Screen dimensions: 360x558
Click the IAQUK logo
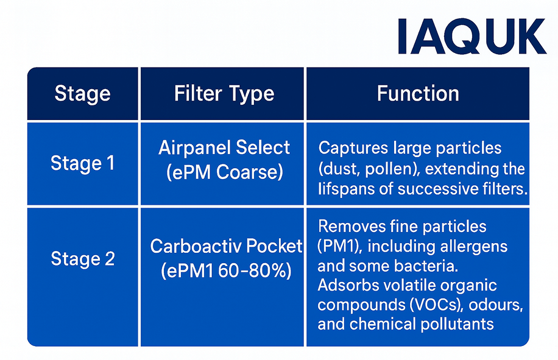coord(471,37)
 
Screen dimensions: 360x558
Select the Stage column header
coord(83,94)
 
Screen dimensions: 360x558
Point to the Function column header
coord(418,93)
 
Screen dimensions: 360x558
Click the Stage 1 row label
coord(83,163)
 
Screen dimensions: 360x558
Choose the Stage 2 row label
coord(83,258)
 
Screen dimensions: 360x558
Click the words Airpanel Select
coord(224,148)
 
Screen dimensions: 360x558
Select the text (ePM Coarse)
coord(224,172)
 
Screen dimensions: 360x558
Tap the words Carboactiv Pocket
coord(226,246)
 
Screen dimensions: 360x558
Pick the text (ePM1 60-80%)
coord(226,270)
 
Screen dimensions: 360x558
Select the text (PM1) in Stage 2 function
coord(335,247)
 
